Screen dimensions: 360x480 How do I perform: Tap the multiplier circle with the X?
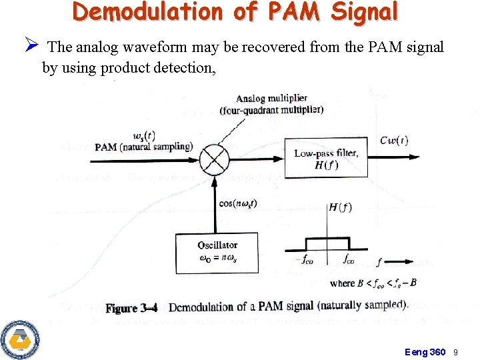215,159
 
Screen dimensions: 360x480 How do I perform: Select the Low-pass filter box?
326,159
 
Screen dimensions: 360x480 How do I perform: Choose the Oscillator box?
217,253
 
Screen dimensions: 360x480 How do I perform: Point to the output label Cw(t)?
394,140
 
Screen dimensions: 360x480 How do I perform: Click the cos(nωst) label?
237,203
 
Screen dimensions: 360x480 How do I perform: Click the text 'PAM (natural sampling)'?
143,147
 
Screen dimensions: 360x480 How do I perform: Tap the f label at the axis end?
379,262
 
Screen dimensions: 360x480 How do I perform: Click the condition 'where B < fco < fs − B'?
373,283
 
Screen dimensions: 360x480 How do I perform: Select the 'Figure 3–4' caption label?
131,308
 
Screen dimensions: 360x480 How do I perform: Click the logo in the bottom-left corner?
20,338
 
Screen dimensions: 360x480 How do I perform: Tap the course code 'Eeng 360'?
425,351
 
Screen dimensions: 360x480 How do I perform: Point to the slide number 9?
456,351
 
